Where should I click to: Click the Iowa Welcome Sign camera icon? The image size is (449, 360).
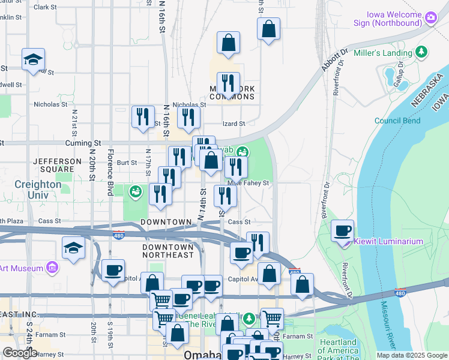[x=430, y=17]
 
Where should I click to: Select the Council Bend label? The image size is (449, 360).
[x=397, y=121]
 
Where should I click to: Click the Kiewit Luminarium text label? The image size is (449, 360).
[x=388, y=241]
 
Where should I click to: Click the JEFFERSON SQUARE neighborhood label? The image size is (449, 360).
[x=57, y=166]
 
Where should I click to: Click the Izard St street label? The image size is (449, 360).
[x=234, y=124]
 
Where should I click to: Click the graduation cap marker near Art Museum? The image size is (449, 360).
[x=73, y=248]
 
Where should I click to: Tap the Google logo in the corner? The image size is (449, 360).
[x=20, y=353]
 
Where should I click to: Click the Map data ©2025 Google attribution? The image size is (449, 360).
[x=411, y=355]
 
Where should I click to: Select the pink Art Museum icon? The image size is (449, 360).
[x=52, y=267]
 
